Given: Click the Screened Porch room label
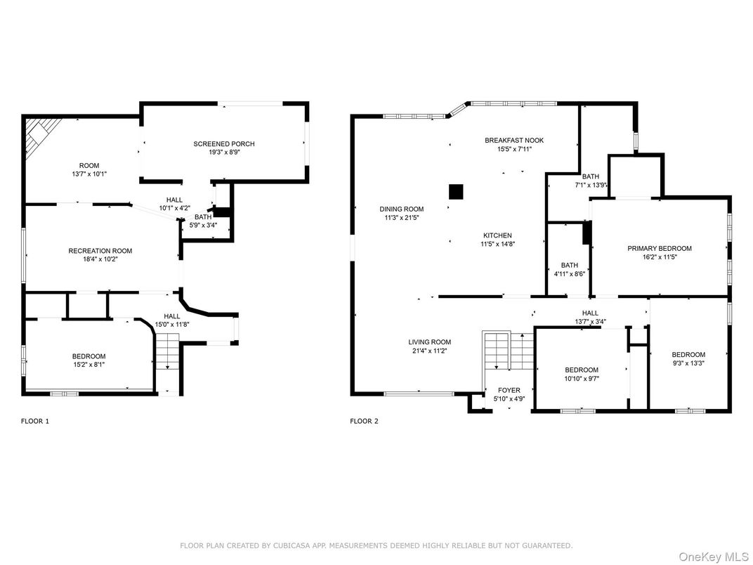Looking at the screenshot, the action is coord(224,143).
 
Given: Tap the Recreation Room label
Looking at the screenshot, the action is coord(100,251).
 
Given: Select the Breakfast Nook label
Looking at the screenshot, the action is coord(514,141).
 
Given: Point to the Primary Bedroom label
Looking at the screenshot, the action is coord(660,248).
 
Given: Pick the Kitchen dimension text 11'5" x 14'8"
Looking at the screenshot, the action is coord(497,244).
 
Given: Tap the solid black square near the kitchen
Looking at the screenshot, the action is coord(456,191).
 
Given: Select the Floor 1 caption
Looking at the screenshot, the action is coord(35,422).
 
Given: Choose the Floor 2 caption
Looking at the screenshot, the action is coord(364,422).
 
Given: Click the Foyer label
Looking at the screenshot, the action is coord(509,390).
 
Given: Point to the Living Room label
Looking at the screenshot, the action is coord(430,342).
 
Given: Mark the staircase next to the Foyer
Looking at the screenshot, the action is coord(509,350).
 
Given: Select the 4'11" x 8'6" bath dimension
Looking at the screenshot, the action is coord(570,274).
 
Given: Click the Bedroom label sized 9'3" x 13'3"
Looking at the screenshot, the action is coord(688,355).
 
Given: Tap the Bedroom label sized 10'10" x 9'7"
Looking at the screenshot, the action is coord(582,370).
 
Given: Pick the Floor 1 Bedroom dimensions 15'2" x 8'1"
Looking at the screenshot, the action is coord(89,365).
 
